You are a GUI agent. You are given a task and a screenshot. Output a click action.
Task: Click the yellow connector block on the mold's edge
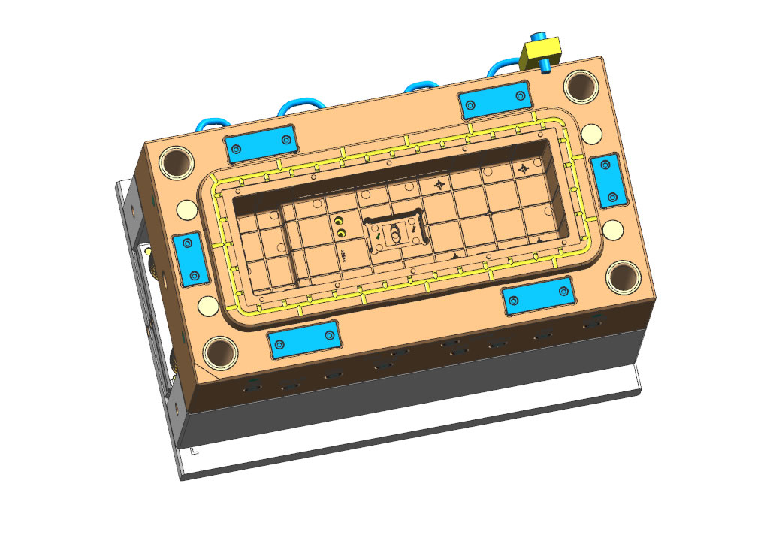point(540,52)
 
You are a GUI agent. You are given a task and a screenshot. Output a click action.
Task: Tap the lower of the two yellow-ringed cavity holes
point(342,234)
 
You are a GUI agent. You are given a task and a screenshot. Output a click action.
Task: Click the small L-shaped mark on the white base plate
point(194,452)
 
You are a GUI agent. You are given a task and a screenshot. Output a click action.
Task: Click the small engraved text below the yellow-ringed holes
point(345,255)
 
